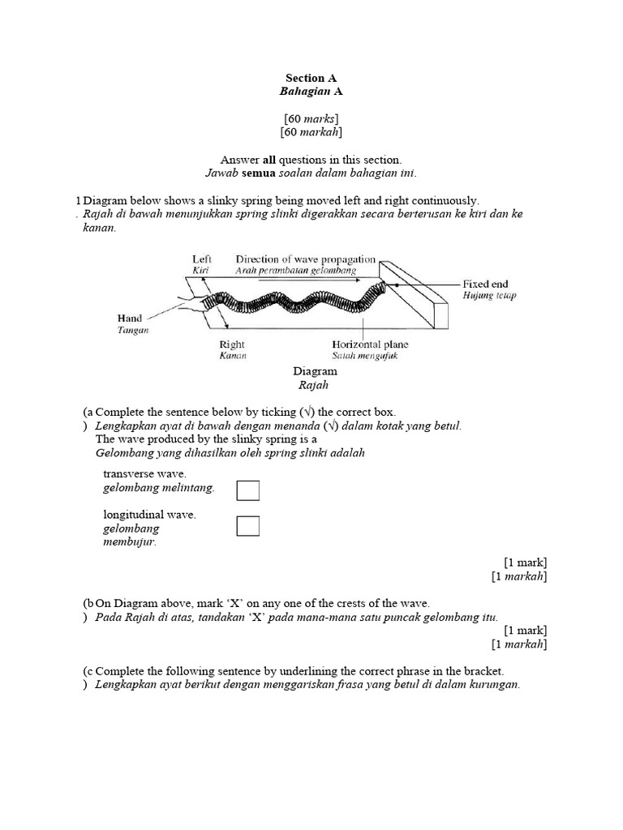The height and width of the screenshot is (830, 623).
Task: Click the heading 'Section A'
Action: point(311,79)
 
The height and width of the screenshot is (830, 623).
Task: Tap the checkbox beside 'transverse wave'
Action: point(248,491)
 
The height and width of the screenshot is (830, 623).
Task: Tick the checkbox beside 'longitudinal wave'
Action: point(248,526)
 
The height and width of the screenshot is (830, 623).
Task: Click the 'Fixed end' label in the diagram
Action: point(485,285)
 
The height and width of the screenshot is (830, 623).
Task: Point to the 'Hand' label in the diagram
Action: point(129,319)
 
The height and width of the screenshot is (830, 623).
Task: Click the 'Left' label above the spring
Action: point(202,259)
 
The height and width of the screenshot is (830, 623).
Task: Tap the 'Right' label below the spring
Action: point(232,344)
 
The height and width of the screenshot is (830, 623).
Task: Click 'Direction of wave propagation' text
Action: point(305,259)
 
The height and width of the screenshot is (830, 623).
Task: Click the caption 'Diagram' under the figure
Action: point(315,371)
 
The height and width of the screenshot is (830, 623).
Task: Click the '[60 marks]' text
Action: point(311,118)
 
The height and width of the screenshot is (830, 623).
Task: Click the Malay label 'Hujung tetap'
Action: point(488,296)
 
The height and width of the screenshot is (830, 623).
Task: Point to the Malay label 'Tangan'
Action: point(132,331)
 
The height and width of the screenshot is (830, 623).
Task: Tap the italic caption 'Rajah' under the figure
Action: point(315,385)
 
